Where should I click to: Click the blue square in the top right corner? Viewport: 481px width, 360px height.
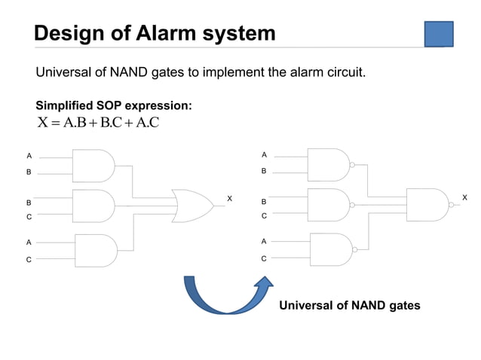pyautogui.click(x=439, y=34)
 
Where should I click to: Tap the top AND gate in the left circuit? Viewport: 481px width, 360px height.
pyautogui.click(x=93, y=165)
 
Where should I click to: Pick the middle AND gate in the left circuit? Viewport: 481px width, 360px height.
pyautogui.click(x=93, y=206)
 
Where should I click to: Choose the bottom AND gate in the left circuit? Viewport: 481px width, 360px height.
pyautogui.click(x=95, y=250)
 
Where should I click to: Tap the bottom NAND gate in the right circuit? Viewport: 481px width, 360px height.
pyautogui.click(x=330, y=249)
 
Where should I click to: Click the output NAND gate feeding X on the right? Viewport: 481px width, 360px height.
pyautogui.click(x=427, y=205)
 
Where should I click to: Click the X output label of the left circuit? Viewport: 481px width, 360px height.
pyautogui.click(x=230, y=198)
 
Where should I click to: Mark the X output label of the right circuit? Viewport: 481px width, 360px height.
pyautogui.click(x=464, y=197)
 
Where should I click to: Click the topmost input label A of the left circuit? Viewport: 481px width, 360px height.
pyautogui.click(x=29, y=156)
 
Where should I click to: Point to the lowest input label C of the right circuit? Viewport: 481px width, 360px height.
pyautogui.click(x=264, y=258)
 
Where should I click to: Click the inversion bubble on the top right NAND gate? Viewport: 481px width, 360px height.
pyautogui.click(x=352, y=161)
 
